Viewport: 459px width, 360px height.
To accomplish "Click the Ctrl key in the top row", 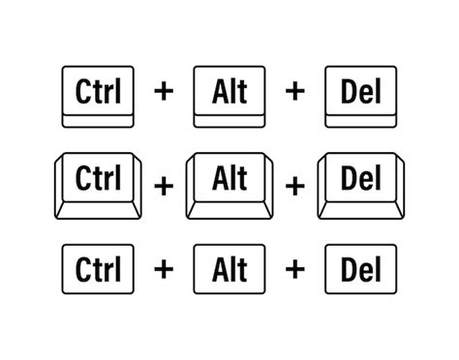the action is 97,95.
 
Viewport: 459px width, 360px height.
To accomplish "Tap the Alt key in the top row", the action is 229,95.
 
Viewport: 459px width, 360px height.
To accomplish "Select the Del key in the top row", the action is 360,95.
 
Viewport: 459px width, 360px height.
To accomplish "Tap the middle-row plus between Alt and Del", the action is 295,185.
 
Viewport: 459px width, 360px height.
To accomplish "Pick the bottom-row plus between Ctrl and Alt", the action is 165,269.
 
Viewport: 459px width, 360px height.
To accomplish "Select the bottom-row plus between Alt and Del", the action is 294,269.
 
